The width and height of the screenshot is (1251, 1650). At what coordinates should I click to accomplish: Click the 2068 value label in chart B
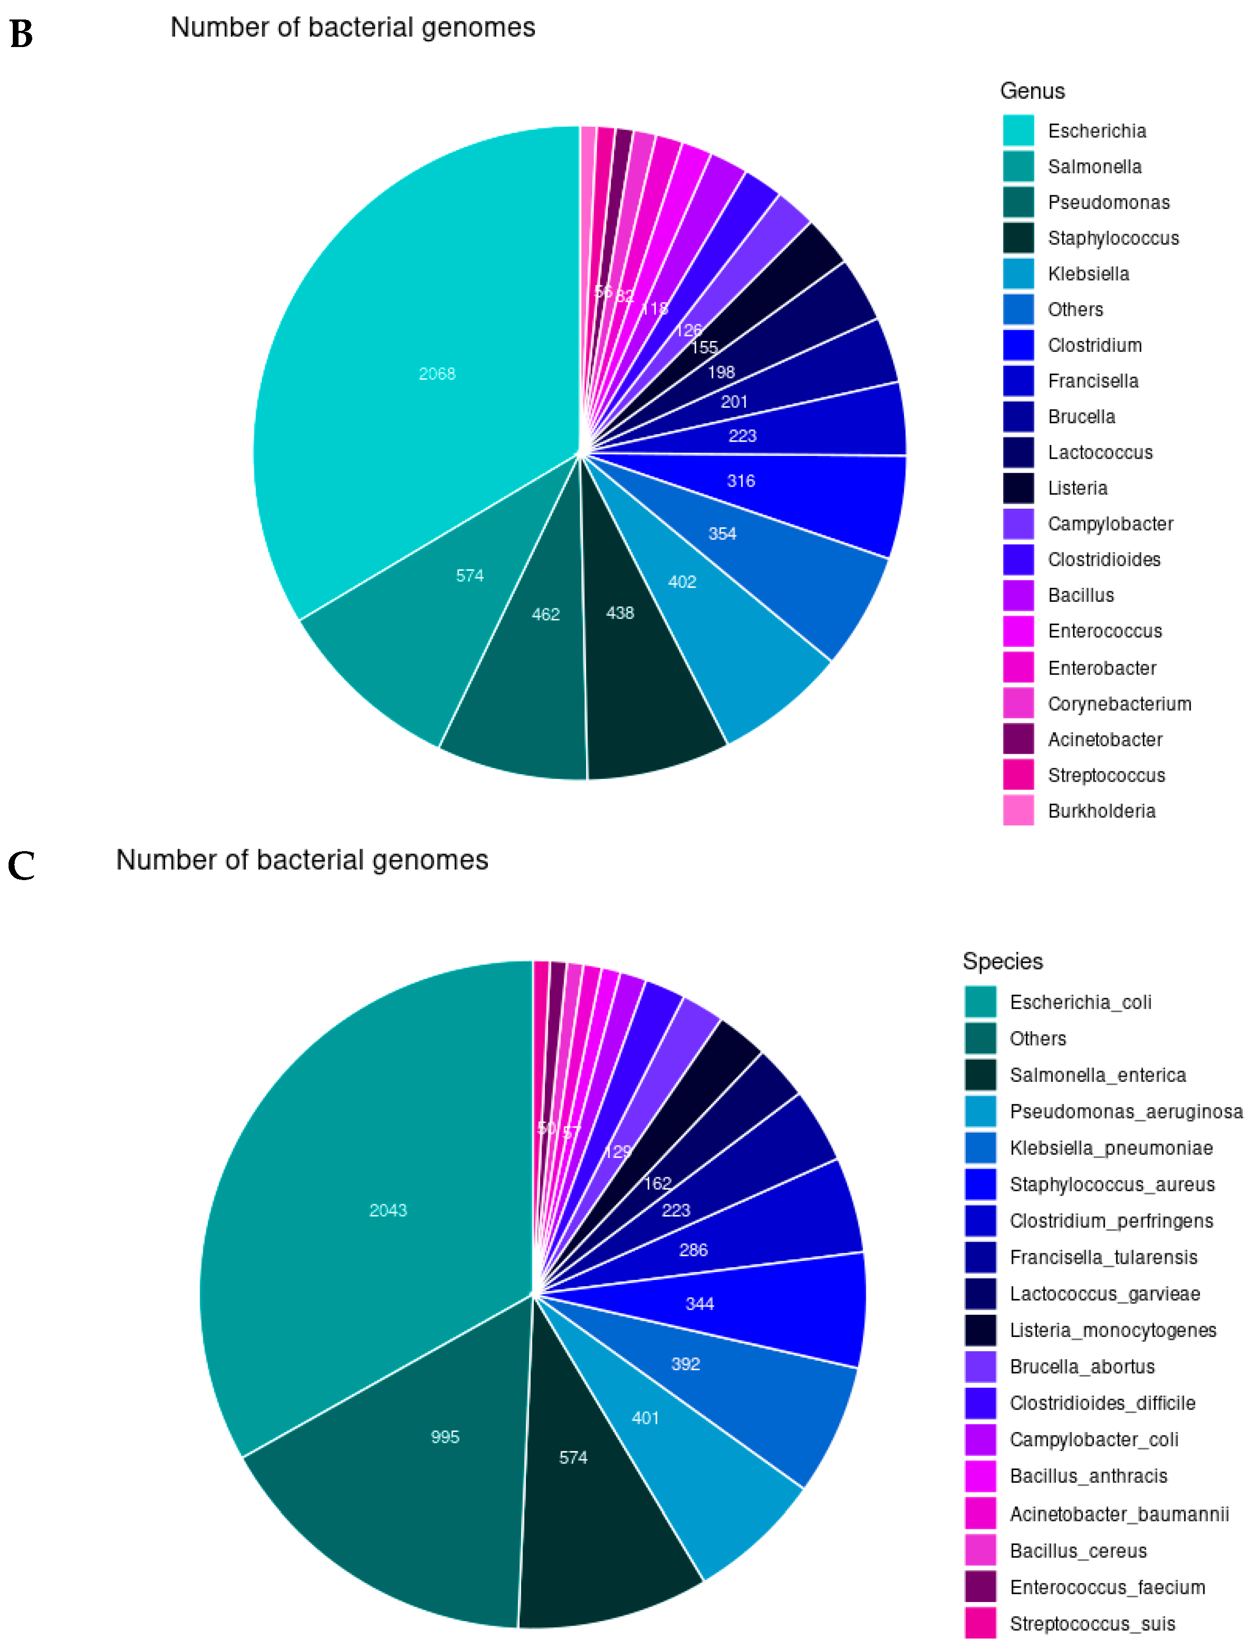(437, 374)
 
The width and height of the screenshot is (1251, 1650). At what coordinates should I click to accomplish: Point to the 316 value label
(741, 481)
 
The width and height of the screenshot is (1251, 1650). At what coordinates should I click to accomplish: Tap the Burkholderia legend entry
(1101, 811)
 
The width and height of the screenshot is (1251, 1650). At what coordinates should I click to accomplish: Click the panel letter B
(21, 34)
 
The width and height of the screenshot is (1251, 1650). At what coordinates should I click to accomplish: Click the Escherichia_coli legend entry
(1080, 1002)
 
